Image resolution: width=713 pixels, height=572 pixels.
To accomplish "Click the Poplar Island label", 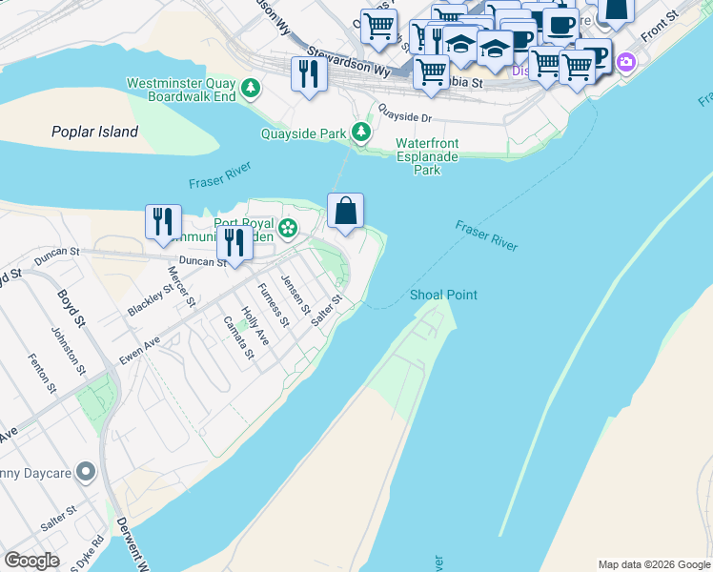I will pos(96,132).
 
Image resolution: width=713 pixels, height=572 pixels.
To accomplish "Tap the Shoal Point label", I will pos(443,295).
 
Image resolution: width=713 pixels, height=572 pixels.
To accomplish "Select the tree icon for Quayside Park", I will pos(362,133).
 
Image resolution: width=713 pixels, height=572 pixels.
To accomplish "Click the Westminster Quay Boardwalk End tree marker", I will pos(251,89).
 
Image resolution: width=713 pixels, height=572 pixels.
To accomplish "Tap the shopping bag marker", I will pos(345,211).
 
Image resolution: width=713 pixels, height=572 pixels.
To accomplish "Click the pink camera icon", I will pos(626,63).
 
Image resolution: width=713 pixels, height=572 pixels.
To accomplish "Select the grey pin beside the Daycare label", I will pos(85,471).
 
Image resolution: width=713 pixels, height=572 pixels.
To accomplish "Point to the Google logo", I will pos(31,561).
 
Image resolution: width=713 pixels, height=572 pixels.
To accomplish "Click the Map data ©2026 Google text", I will pos(654,564).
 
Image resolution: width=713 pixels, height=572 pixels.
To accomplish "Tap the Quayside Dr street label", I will pos(404,115).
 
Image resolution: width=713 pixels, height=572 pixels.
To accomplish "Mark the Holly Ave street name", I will pos(255,325).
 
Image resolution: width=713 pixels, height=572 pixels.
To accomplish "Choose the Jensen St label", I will pos(295,294).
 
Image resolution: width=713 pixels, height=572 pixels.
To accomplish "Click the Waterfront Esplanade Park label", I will pos(427,156).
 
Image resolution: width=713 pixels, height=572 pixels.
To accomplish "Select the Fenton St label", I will pos(43,371).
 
